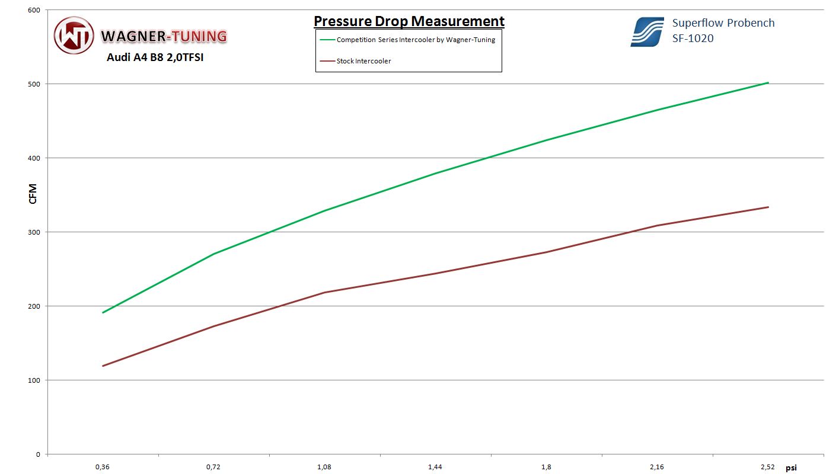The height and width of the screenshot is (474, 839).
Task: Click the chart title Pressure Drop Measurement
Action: click(x=409, y=21)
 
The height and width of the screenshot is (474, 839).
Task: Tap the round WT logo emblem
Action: click(x=74, y=36)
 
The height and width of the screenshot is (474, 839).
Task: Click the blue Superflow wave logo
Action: click(x=647, y=32)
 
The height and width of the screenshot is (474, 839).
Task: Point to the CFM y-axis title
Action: click(x=33, y=194)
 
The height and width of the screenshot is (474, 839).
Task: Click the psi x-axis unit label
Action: click(x=791, y=467)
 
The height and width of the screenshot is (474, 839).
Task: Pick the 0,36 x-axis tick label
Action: click(x=103, y=467)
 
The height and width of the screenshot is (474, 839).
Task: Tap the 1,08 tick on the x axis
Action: click(x=324, y=467)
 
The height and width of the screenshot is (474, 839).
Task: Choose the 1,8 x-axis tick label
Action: click(x=546, y=467)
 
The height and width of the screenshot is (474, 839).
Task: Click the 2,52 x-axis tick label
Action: click(x=768, y=467)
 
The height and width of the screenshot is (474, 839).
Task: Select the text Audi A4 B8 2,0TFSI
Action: click(x=155, y=57)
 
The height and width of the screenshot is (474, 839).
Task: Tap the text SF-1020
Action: click(x=693, y=39)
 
